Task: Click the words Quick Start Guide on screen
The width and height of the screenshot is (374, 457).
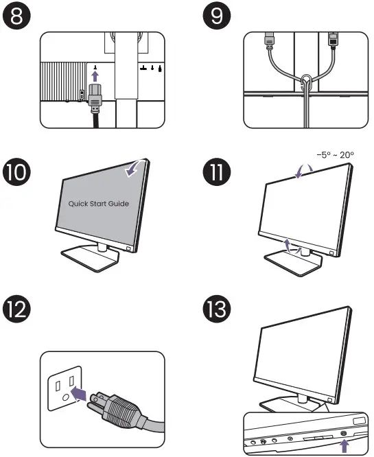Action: pyautogui.click(x=99, y=204)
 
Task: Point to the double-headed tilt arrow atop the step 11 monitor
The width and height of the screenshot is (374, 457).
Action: pyautogui.click(x=299, y=174)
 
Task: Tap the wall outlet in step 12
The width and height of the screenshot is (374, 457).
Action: pyautogui.click(x=62, y=386)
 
